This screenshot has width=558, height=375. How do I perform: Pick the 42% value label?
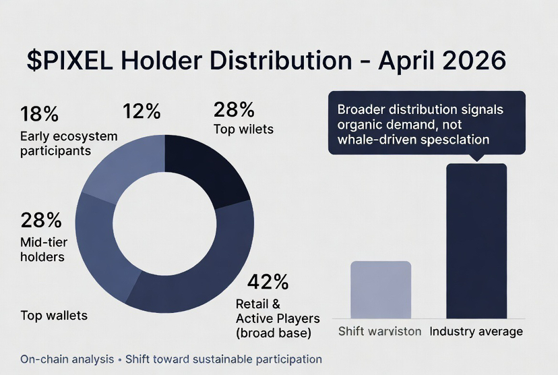[x=268, y=281]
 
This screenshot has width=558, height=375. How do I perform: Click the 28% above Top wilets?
[x=234, y=109]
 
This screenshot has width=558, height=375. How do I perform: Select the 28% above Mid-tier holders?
[x=41, y=220]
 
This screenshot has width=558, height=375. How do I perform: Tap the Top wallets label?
[x=54, y=315]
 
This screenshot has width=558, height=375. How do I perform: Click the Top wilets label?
[x=243, y=129]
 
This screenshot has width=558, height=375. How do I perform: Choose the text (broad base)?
[x=274, y=333]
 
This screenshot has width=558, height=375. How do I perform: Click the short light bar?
[x=381, y=289]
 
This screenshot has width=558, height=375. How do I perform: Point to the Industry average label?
[x=476, y=331]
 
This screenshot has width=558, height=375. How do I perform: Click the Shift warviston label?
[x=379, y=331]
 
